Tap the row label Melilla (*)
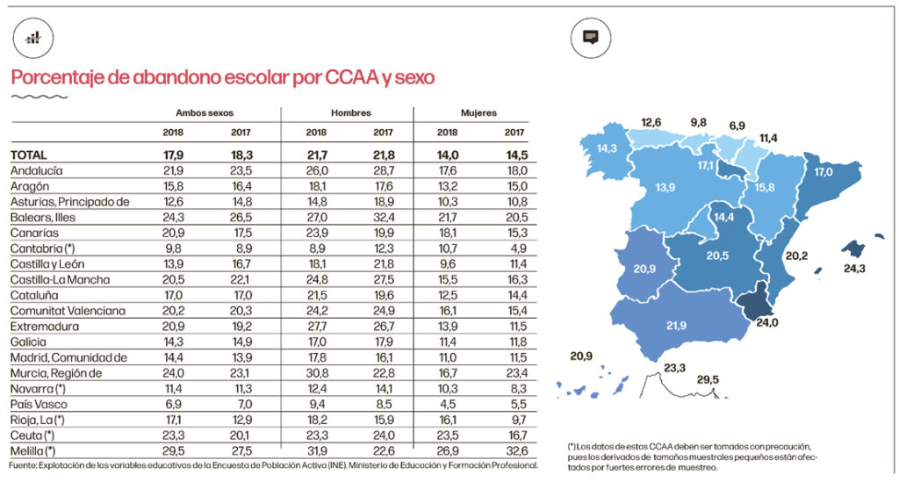coord(37,450)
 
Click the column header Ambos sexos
coord(204,113)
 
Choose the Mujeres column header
coord(478,113)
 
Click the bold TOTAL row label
coord(29,155)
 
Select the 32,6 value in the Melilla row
coord(515,450)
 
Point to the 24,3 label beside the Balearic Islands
coord(854,268)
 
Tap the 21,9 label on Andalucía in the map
coord(676,326)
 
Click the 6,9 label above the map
coord(737,126)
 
